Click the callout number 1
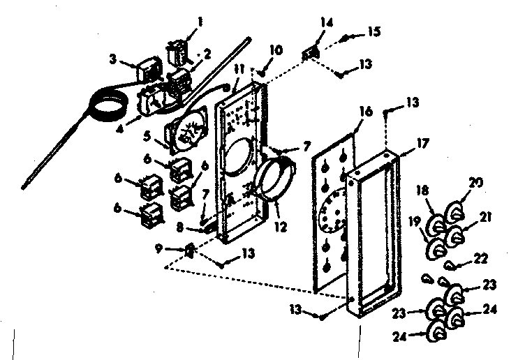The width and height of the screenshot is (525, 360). (200, 22)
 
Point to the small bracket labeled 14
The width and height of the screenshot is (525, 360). (311, 51)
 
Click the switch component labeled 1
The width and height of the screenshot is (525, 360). (177, 52)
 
